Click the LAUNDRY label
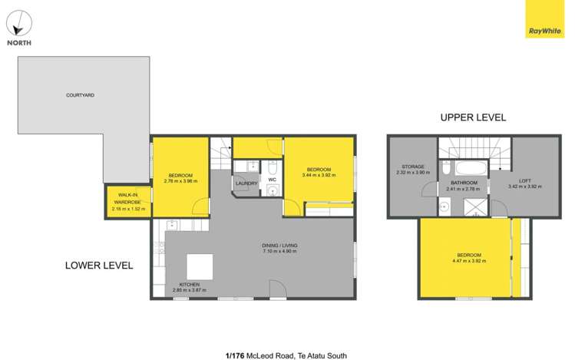[246, 183]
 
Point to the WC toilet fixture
[272, 167]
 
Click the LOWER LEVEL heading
[99, 266]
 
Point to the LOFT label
[524, 180]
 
